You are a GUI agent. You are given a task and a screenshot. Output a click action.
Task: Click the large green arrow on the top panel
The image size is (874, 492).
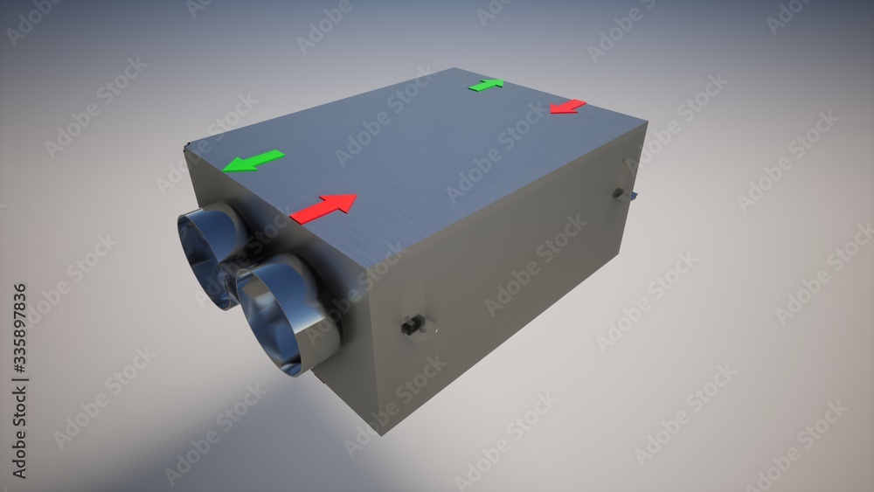(x=253, y=161)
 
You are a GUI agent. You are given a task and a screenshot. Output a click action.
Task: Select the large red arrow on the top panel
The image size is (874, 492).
(x=324, y=209)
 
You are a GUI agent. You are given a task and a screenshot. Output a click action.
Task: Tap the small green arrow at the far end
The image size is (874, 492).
(x=486, y=85)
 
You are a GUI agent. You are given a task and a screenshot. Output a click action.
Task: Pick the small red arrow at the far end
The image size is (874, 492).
(x=568, y=107)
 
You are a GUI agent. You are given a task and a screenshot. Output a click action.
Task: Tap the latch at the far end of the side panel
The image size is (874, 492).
(x=618, y=193)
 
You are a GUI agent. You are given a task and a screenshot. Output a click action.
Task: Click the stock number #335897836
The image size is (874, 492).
(x=19, y=329)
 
